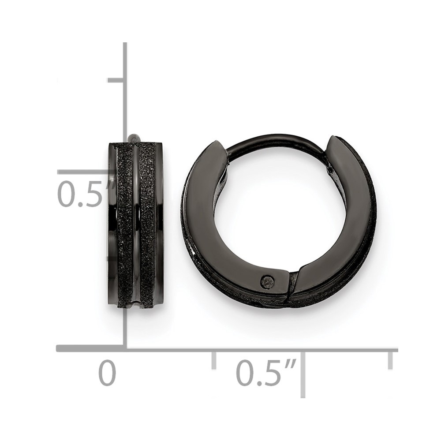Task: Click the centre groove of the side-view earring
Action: click(x=135, y=225)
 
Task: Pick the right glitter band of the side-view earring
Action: click(x=147, y=225)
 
